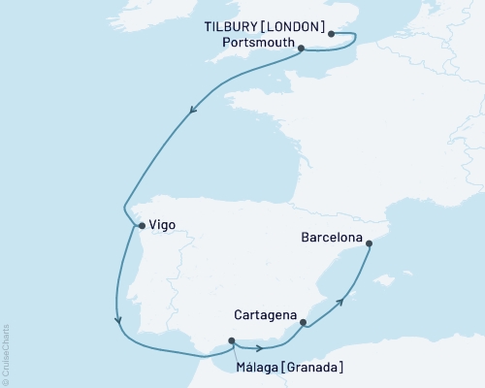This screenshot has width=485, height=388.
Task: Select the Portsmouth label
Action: [255, 46]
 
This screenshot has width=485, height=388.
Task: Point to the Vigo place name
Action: [164, 225]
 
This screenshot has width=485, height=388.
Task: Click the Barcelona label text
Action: [333, 237]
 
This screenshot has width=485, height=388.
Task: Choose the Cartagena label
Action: [265, 315]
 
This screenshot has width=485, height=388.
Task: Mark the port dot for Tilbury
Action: [332, 34]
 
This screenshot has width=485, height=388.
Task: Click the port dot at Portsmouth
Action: [301, 48]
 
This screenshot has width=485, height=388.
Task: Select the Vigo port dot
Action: [142, 226]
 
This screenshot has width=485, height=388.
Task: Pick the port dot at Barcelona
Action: [369, 244]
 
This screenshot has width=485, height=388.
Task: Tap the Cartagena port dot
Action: [303, 322]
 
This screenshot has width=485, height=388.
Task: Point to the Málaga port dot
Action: [231, 339]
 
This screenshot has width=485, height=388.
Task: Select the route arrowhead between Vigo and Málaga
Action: [117, 320]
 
